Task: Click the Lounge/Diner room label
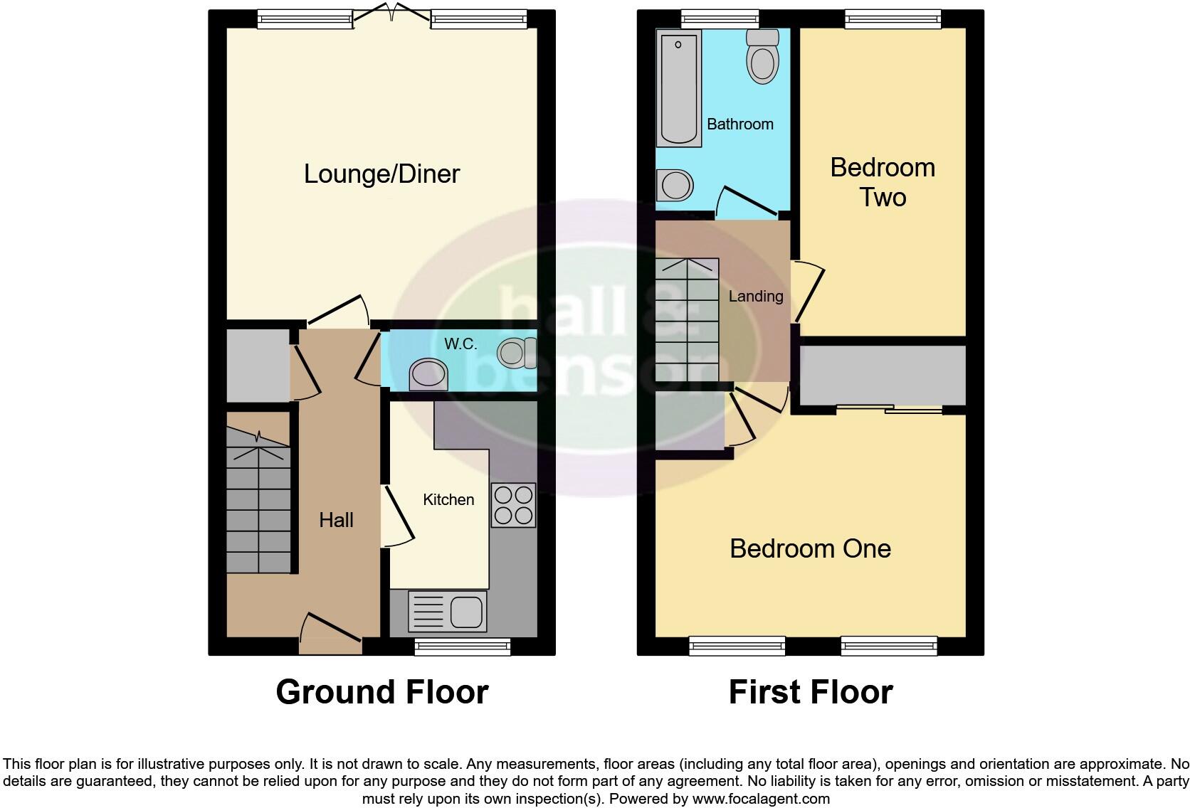381,174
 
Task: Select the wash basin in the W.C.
428,375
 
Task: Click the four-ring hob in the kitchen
512,505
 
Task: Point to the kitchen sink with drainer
448,612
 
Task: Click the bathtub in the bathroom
680,88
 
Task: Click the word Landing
755,297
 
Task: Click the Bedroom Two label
883,182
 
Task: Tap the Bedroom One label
810,548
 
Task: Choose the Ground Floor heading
382,692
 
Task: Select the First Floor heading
810,692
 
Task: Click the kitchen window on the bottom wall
463,646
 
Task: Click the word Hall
336,520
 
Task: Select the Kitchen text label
448,500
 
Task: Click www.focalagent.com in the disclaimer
761,799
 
